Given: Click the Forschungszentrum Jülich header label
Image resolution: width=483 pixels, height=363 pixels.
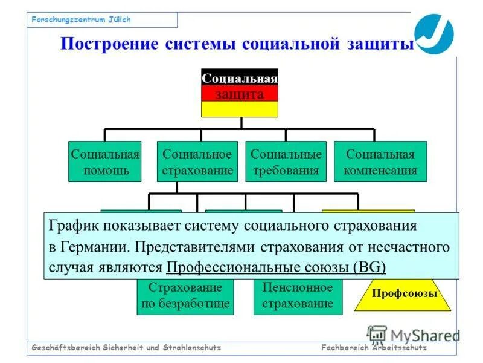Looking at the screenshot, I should [x=82, y=20].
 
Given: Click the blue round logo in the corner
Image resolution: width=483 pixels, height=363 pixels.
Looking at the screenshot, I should [x=433, y=33].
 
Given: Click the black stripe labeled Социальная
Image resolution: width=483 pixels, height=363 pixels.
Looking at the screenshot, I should [x=240, y=78].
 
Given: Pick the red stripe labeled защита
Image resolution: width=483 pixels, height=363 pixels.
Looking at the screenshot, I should [x=240, y=94].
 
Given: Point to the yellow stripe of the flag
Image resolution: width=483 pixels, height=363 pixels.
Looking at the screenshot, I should [x=240, y=109].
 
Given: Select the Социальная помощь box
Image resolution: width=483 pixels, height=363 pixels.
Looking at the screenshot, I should [x=105, y=162].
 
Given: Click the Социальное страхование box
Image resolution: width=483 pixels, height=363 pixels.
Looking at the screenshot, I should [x=197, y=162].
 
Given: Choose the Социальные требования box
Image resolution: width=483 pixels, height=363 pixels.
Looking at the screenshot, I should [x=286, y=162].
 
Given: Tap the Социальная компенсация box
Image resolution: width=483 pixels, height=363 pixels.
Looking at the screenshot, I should [x=380, y=162].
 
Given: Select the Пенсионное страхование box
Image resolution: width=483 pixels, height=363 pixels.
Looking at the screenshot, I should [x=298, y=296].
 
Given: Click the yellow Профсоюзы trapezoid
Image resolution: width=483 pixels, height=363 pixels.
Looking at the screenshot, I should [x=403, y=295].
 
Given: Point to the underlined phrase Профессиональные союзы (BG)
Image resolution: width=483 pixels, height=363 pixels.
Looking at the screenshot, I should [x=275, y=267].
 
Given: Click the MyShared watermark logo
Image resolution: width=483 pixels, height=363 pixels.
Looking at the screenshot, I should [x=413, y=335].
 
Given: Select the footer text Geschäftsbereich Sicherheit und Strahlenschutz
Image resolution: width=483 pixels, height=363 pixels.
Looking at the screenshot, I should [x=127, y=348].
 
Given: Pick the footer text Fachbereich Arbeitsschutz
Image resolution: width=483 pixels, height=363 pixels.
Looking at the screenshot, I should [x=374, y=348].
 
